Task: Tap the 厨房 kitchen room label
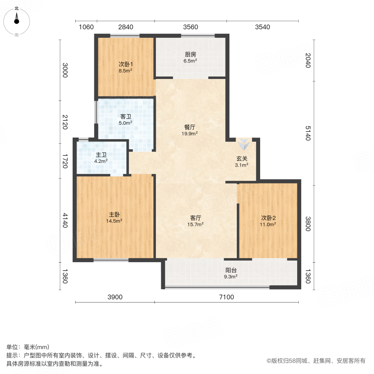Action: [190, 54]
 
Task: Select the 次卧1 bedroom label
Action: [125, 64]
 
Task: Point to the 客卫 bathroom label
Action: [126, 116]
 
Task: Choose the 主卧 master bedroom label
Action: [115, 214]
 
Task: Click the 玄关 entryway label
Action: [242, 158]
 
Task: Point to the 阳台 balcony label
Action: [231, 270]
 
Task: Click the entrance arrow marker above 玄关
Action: [244, 145]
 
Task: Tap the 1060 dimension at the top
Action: [86, 27]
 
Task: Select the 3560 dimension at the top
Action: [191, 27]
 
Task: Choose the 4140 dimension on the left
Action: [65, 220]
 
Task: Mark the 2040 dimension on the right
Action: [308, 62]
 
